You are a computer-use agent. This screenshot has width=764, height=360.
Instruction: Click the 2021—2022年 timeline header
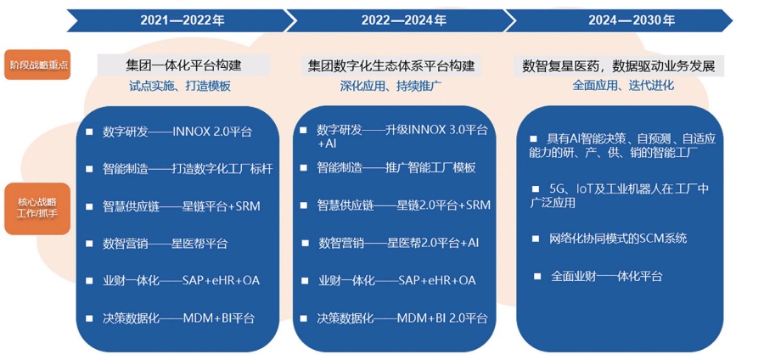(x=183, y=20)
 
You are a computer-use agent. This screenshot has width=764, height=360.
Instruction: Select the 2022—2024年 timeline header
(x=404, y=20)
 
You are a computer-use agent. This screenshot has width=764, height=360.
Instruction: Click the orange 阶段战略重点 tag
(x=37, y=65)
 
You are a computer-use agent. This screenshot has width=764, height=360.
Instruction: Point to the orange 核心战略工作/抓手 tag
(x=37, y=209)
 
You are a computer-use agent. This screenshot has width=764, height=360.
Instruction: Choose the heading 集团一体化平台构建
(x=183, y=65)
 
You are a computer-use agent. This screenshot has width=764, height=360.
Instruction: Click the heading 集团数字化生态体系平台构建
(x=391, y=65)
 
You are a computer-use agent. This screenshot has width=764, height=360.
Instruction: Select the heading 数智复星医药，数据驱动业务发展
(x=619, y=65)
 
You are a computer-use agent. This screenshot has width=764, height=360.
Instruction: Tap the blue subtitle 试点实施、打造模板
(x=180, y=87)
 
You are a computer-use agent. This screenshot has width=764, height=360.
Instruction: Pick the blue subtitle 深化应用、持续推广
(x=390, y=87)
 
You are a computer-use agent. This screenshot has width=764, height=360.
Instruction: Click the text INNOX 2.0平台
(x=212, y=132)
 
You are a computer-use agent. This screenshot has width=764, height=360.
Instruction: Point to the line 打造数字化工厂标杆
(x=222, y=169)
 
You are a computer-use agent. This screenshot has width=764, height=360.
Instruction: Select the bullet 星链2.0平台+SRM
(x=444, y=205)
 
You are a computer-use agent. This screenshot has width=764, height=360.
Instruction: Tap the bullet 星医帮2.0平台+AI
(x=433, y=243)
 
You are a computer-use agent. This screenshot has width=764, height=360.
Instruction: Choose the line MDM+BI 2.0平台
(x=442, y=318)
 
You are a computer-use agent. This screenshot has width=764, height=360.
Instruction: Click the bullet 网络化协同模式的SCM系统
(x=618, y=239)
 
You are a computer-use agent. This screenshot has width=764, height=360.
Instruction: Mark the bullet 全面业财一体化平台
(x=607, y=276)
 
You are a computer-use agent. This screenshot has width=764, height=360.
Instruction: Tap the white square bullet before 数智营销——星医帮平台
(x=89, y=243)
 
